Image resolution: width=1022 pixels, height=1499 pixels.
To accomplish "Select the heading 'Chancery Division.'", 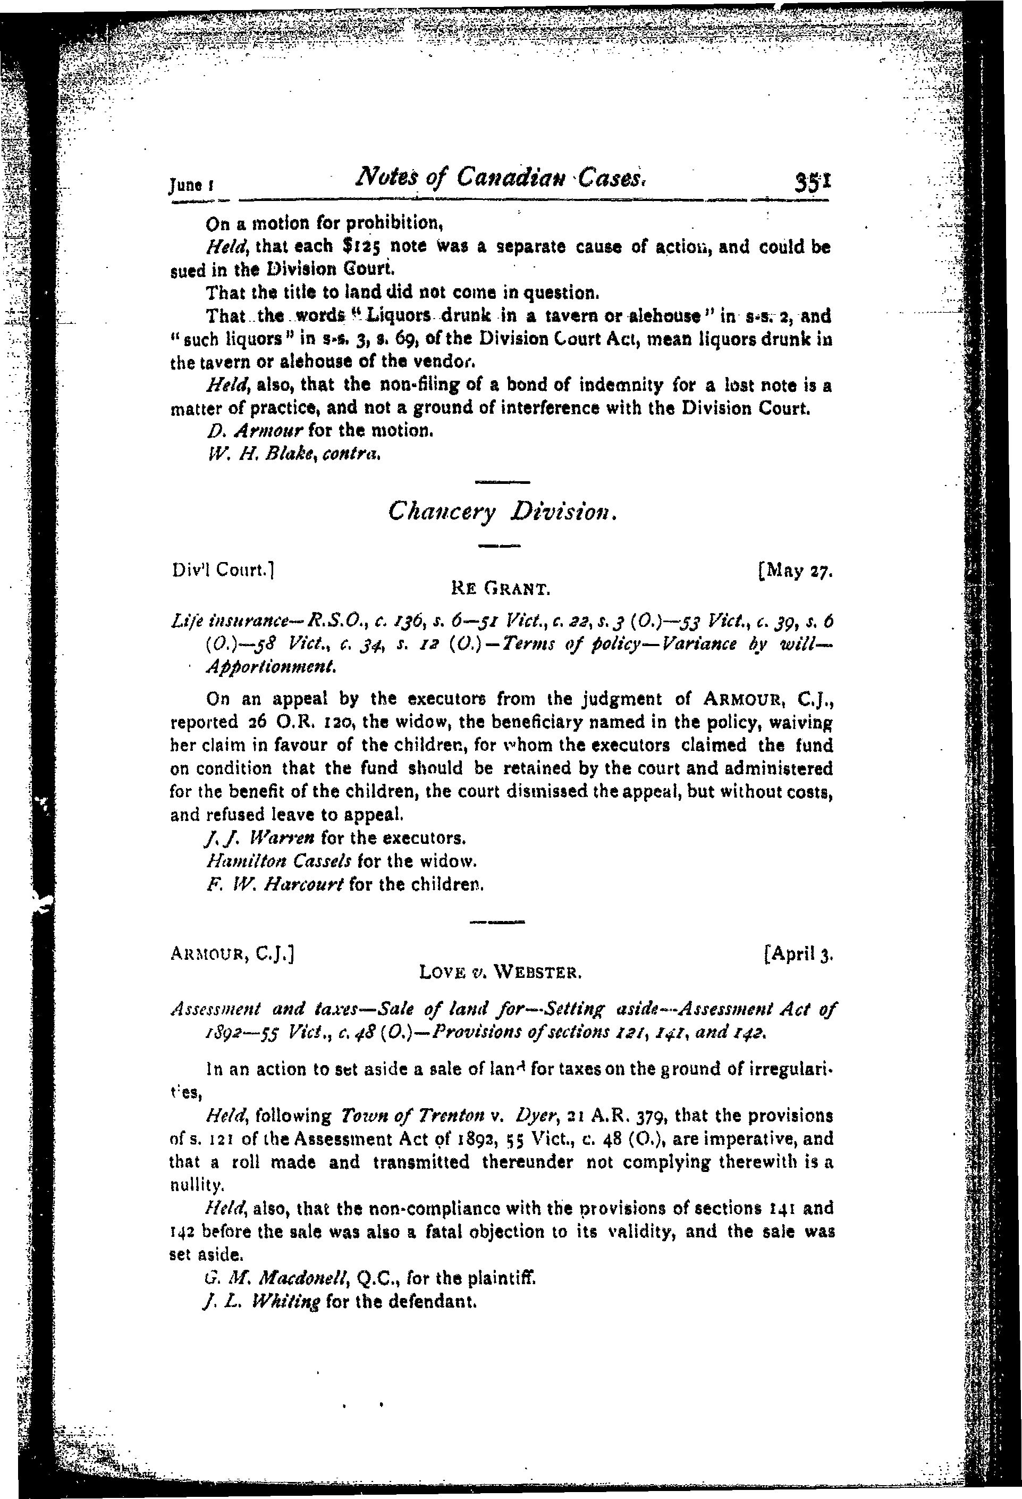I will point(504,512).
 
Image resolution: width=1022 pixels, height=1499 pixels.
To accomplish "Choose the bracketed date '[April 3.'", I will point(798,953).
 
